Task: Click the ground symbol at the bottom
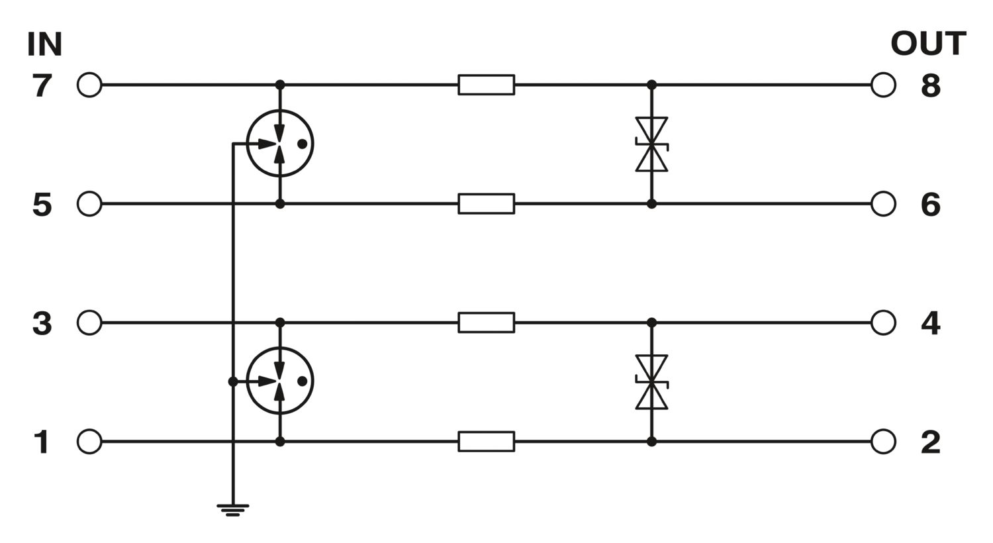pyautogui.click(x=233, y=510)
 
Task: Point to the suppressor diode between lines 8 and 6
pyautogui.click(x=651, y=144)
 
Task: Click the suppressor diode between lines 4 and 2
pyautogui.click(x=651, y=382)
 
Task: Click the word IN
pyautogui.click(x=45, y=44)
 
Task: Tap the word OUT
pyautogui.click(x=928, y=44)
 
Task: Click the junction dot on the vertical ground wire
pyautogui.click(x=233, y=381)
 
